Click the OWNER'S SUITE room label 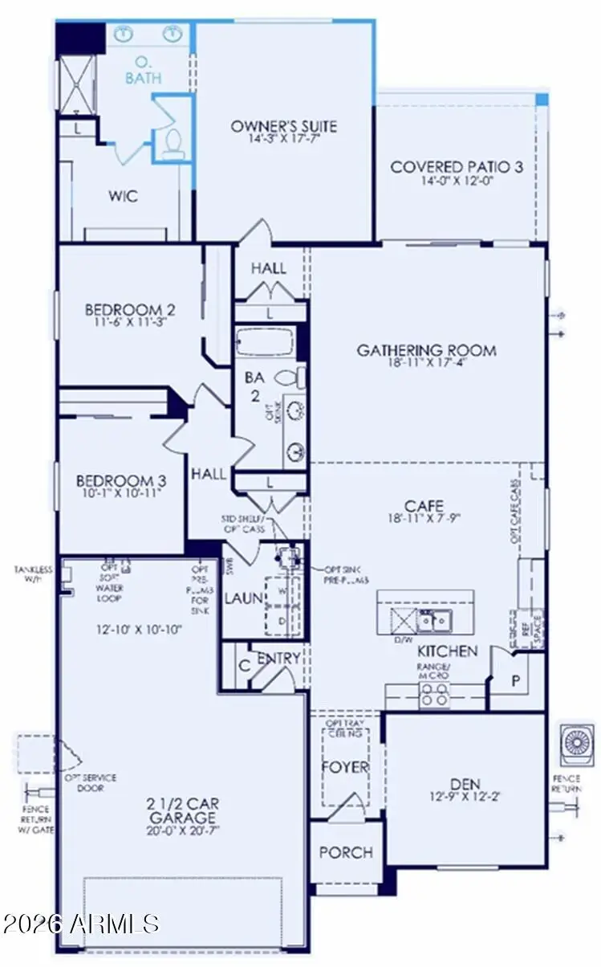(284, 126)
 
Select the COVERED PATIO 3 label (457, 167)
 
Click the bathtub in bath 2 (267, 344)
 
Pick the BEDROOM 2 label (131, 309)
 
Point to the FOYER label (344, 766)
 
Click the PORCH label (346, 851)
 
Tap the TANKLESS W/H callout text (32, 574)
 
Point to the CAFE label (424, 506)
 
